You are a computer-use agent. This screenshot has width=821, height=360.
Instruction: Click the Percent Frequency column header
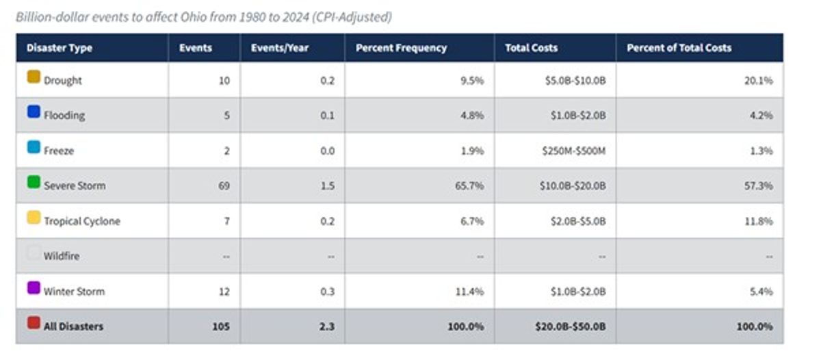401,48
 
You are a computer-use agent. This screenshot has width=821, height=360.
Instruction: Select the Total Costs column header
531,48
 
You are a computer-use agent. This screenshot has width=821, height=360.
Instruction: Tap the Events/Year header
280,48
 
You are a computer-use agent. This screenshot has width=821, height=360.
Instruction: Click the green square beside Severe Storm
34,182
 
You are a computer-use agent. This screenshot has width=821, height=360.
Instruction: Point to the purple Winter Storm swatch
34,287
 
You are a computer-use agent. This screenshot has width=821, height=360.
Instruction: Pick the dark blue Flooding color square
34,112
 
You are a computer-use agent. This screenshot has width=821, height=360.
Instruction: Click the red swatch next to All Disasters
34,323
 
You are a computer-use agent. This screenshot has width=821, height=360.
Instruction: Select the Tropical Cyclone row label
82,221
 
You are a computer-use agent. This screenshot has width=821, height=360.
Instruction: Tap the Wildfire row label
62,256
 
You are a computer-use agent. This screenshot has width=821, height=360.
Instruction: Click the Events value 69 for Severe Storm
224,186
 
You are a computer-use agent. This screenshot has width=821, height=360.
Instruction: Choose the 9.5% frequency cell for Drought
472,80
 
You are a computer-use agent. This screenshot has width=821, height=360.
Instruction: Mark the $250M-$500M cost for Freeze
573,151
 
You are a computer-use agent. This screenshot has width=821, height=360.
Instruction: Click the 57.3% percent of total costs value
758,186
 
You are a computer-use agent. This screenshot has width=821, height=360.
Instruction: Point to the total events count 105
221,326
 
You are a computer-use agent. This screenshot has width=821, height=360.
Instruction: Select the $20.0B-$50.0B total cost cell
571,326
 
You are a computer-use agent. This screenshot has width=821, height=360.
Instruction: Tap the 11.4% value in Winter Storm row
469,292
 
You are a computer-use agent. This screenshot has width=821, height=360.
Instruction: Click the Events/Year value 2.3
327,326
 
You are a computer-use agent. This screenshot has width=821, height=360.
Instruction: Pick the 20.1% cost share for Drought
758,80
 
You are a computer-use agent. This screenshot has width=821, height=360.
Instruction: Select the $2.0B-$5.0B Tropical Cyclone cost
578,221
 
